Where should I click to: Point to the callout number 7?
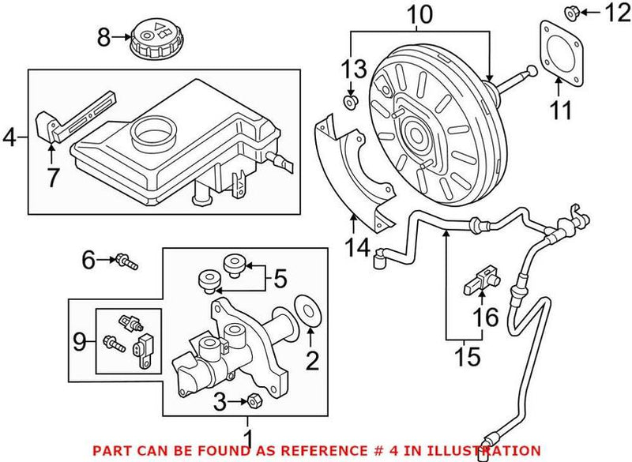[52, 178]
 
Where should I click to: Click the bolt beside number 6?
[126, 260]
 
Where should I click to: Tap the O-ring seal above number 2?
[307, 310]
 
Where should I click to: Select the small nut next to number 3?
[255, 403]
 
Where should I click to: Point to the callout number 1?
[250, 437]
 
